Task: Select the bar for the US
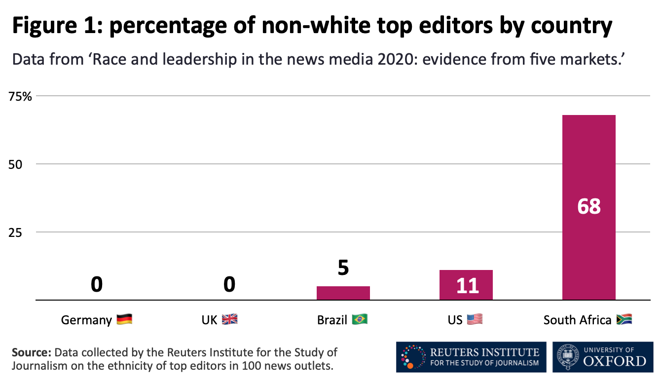click(466, 285)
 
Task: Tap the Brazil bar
click(343, 293)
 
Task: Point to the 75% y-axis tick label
click(20, 96)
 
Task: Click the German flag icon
click(124, 320)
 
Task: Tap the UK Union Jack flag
click(229, 320)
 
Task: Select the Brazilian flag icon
click(360, 320)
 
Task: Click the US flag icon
click(475, 320)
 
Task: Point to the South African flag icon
click(624, 320)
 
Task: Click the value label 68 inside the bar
click(588, 206)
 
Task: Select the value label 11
click(467, 286)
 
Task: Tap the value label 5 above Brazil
click(343, 268)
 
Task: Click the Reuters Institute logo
click(471, 357)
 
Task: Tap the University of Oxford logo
click(602, 357)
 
